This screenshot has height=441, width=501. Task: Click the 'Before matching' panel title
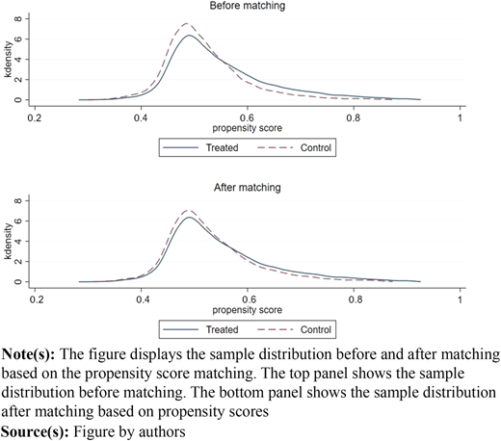(x=248, y=6)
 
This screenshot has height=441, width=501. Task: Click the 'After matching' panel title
(x=248, y=188)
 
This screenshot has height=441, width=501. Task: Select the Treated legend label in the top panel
(x=222, y=147)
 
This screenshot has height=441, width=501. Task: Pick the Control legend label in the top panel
(x=316, y=147)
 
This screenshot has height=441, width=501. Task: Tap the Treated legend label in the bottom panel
(x=222, y=329)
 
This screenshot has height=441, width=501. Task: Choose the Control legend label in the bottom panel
(x=316, y=329)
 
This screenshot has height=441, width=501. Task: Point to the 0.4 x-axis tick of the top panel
(x=141, y=118)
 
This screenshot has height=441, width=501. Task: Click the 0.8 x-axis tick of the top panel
(x=354, y=118)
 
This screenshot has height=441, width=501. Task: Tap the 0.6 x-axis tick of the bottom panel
(x=249, y=299)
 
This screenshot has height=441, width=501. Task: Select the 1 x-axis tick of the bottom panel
(x=460, y=299)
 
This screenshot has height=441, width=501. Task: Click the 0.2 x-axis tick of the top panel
(x=35, y=118)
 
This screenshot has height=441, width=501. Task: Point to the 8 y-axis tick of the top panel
(x=18, y=18)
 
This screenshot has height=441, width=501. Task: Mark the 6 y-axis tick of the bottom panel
(x=18, y=220)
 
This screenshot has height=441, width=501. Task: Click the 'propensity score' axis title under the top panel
(x=248, y=128)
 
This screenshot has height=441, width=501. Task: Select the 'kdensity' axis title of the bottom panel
(x=8, y=241)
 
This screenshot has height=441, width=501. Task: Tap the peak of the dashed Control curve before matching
(x=186, y=23)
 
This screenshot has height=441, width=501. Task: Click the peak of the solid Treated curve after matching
(x=189, y=217)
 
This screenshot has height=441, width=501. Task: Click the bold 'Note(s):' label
(x=28, y=354)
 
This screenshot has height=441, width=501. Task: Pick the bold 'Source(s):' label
(x=35, y=431)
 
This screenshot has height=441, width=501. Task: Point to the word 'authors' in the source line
(x=162, y=432)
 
